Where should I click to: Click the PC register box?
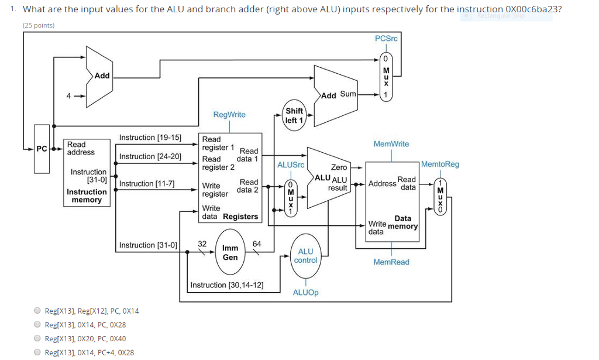point(42,149)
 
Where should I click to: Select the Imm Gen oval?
point(230,252)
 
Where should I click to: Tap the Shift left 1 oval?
point(294,115)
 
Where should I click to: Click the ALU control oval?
point(305,255)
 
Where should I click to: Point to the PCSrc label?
point(386,38)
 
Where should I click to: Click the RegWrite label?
point(229,114)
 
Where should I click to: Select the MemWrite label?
point(391,144)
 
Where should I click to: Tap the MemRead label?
point(391,262)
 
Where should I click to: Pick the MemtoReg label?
point(440,164)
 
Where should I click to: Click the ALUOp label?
point(305,292)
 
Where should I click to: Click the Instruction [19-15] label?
point(150,138)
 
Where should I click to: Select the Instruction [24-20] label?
point(150,156)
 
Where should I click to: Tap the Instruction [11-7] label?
point(147,184)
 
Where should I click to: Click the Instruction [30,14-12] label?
point(226,285)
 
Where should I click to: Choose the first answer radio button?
point(37,311)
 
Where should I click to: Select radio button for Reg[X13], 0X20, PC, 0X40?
point(37,338)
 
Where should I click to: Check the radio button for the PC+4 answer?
point(37,352)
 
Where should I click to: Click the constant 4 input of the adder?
point(69,96)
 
